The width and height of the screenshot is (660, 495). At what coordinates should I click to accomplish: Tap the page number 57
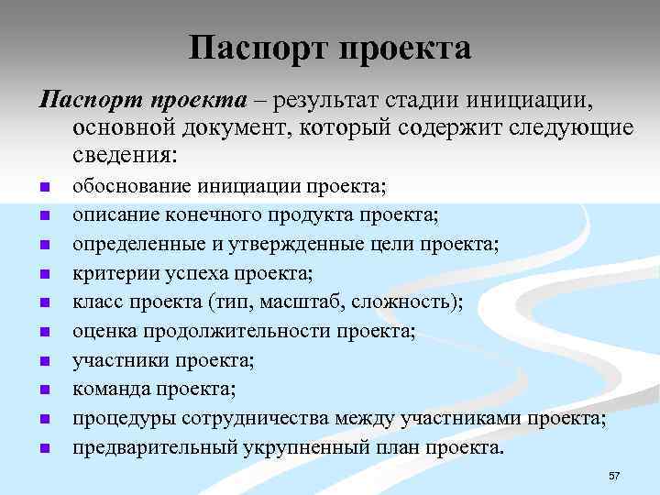pos(614,476)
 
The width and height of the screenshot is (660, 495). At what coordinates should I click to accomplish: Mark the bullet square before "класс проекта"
pos(43,304)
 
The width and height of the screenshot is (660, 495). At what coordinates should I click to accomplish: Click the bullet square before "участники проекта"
pos(43,362)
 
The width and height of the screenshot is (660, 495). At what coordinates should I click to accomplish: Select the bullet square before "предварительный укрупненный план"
pos(43,449)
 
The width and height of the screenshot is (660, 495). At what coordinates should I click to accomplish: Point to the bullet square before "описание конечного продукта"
pos(43,217)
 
